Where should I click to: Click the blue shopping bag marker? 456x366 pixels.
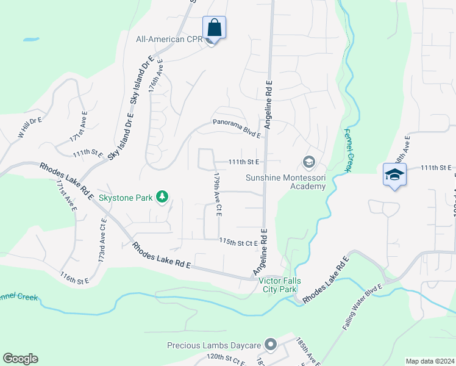[214, 27]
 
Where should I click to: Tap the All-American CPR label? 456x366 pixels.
[168, 40]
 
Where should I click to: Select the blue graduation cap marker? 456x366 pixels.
[394, 174]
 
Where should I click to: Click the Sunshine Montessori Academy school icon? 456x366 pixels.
[308, 162]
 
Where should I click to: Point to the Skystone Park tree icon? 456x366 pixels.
[162, 196]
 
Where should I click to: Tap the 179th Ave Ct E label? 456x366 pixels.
[216, 194]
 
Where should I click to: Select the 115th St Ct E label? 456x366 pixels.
[240, 242]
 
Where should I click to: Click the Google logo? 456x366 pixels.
[20, 359]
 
